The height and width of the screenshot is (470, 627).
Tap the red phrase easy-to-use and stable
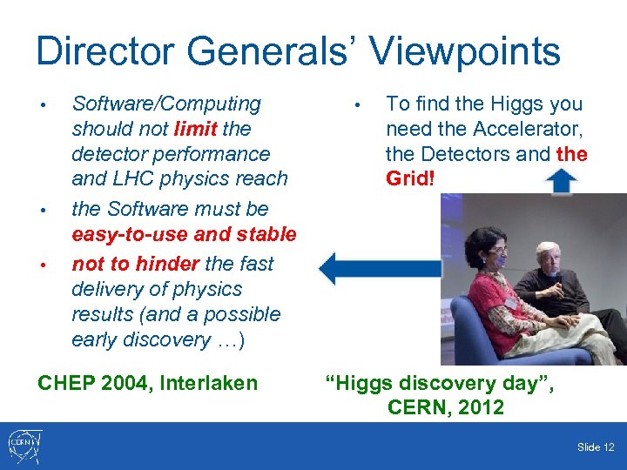(184, 234)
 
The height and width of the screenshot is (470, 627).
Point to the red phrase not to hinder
(136, 264)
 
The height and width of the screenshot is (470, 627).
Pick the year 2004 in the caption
(125, 382)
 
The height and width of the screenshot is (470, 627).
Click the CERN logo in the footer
(24, 446)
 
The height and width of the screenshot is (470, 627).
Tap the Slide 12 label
(595, 447)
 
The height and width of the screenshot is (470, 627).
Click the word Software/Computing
(166, 104)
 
